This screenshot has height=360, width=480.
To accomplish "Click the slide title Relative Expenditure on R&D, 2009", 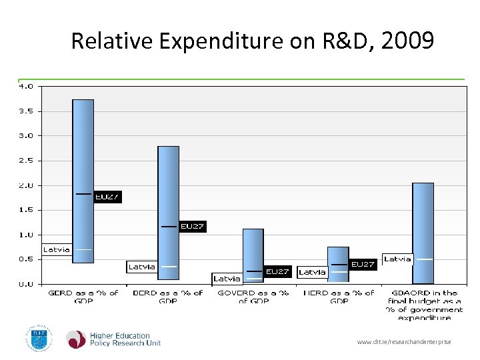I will [x=252, y=41].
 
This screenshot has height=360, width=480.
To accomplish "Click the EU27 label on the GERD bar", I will [x=107, y=197].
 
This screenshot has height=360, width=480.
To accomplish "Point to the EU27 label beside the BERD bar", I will [x=192, y=227].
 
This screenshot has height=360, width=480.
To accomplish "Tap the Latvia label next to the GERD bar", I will [x=56, y=250].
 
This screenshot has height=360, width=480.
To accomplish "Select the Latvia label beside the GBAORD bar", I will [x=397, y=259].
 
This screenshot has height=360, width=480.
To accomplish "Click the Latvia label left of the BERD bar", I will [x=141, y=267].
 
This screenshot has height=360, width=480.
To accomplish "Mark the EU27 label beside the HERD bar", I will [x=363, y=265].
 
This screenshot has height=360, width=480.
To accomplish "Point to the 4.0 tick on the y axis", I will [x=25, y=86].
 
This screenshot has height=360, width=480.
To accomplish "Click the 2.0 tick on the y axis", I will [x=25, y=185].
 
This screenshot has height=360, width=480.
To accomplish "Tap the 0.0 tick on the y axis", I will [x=25, y=284].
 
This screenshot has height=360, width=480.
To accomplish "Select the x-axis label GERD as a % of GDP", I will [x=83, y=297].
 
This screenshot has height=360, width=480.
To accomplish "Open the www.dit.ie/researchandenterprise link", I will [x=404, y=342].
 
